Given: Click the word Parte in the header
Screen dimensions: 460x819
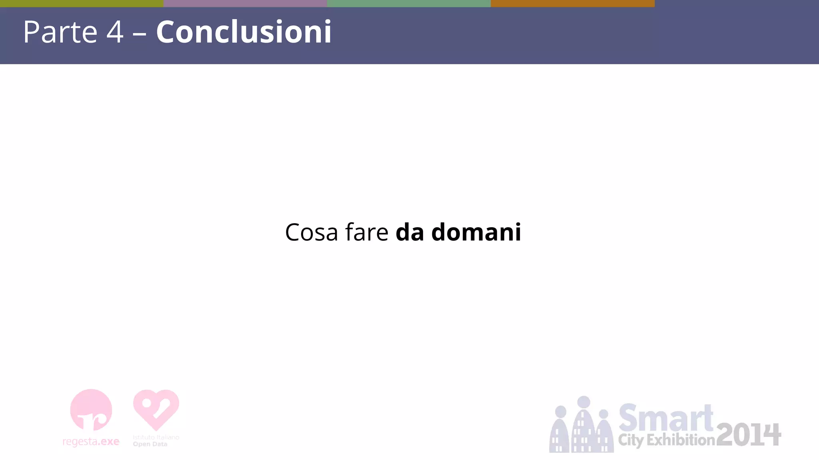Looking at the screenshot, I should pyautogui.click(x=60, y=32).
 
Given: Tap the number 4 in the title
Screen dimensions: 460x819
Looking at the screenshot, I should pyautogui.click(x=115, y=32).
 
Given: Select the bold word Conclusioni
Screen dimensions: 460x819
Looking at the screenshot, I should pyautogui.click(x=244, y=32).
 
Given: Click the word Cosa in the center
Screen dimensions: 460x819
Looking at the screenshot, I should pyautogui.click(x=312, y=232).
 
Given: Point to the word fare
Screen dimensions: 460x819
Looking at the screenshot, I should pyautogui.click(x=366, y=232).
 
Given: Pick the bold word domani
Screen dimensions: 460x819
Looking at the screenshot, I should pyautogui.click(x=476, y=232).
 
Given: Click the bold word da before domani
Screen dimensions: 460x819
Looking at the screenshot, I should pyautogui.click(x=409, y=232).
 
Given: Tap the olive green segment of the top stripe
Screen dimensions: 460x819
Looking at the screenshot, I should pyautogui.click(x=82, y=3).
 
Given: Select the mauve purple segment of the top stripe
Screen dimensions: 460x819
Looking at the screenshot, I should pyautogui.click(x=245, y=3).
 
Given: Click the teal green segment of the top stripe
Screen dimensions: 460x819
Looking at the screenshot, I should pyautogui.click(x=409, y=3).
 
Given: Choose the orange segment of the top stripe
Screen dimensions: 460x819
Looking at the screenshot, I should pyautogui.click(x=573, y=3).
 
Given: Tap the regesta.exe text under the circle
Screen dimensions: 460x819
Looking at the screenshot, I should pyautogui.click(x=91, y=442).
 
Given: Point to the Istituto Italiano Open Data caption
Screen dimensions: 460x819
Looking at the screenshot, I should pyautogui.click(x=156, y=441).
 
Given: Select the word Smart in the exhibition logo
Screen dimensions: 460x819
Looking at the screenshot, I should pyautogui.click(x=666, y=418).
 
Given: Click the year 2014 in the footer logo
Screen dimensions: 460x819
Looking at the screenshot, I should pyautogui.click(x=748, y=435).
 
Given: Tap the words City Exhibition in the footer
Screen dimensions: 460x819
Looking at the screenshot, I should pyautogui.click(x=666, y=440).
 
